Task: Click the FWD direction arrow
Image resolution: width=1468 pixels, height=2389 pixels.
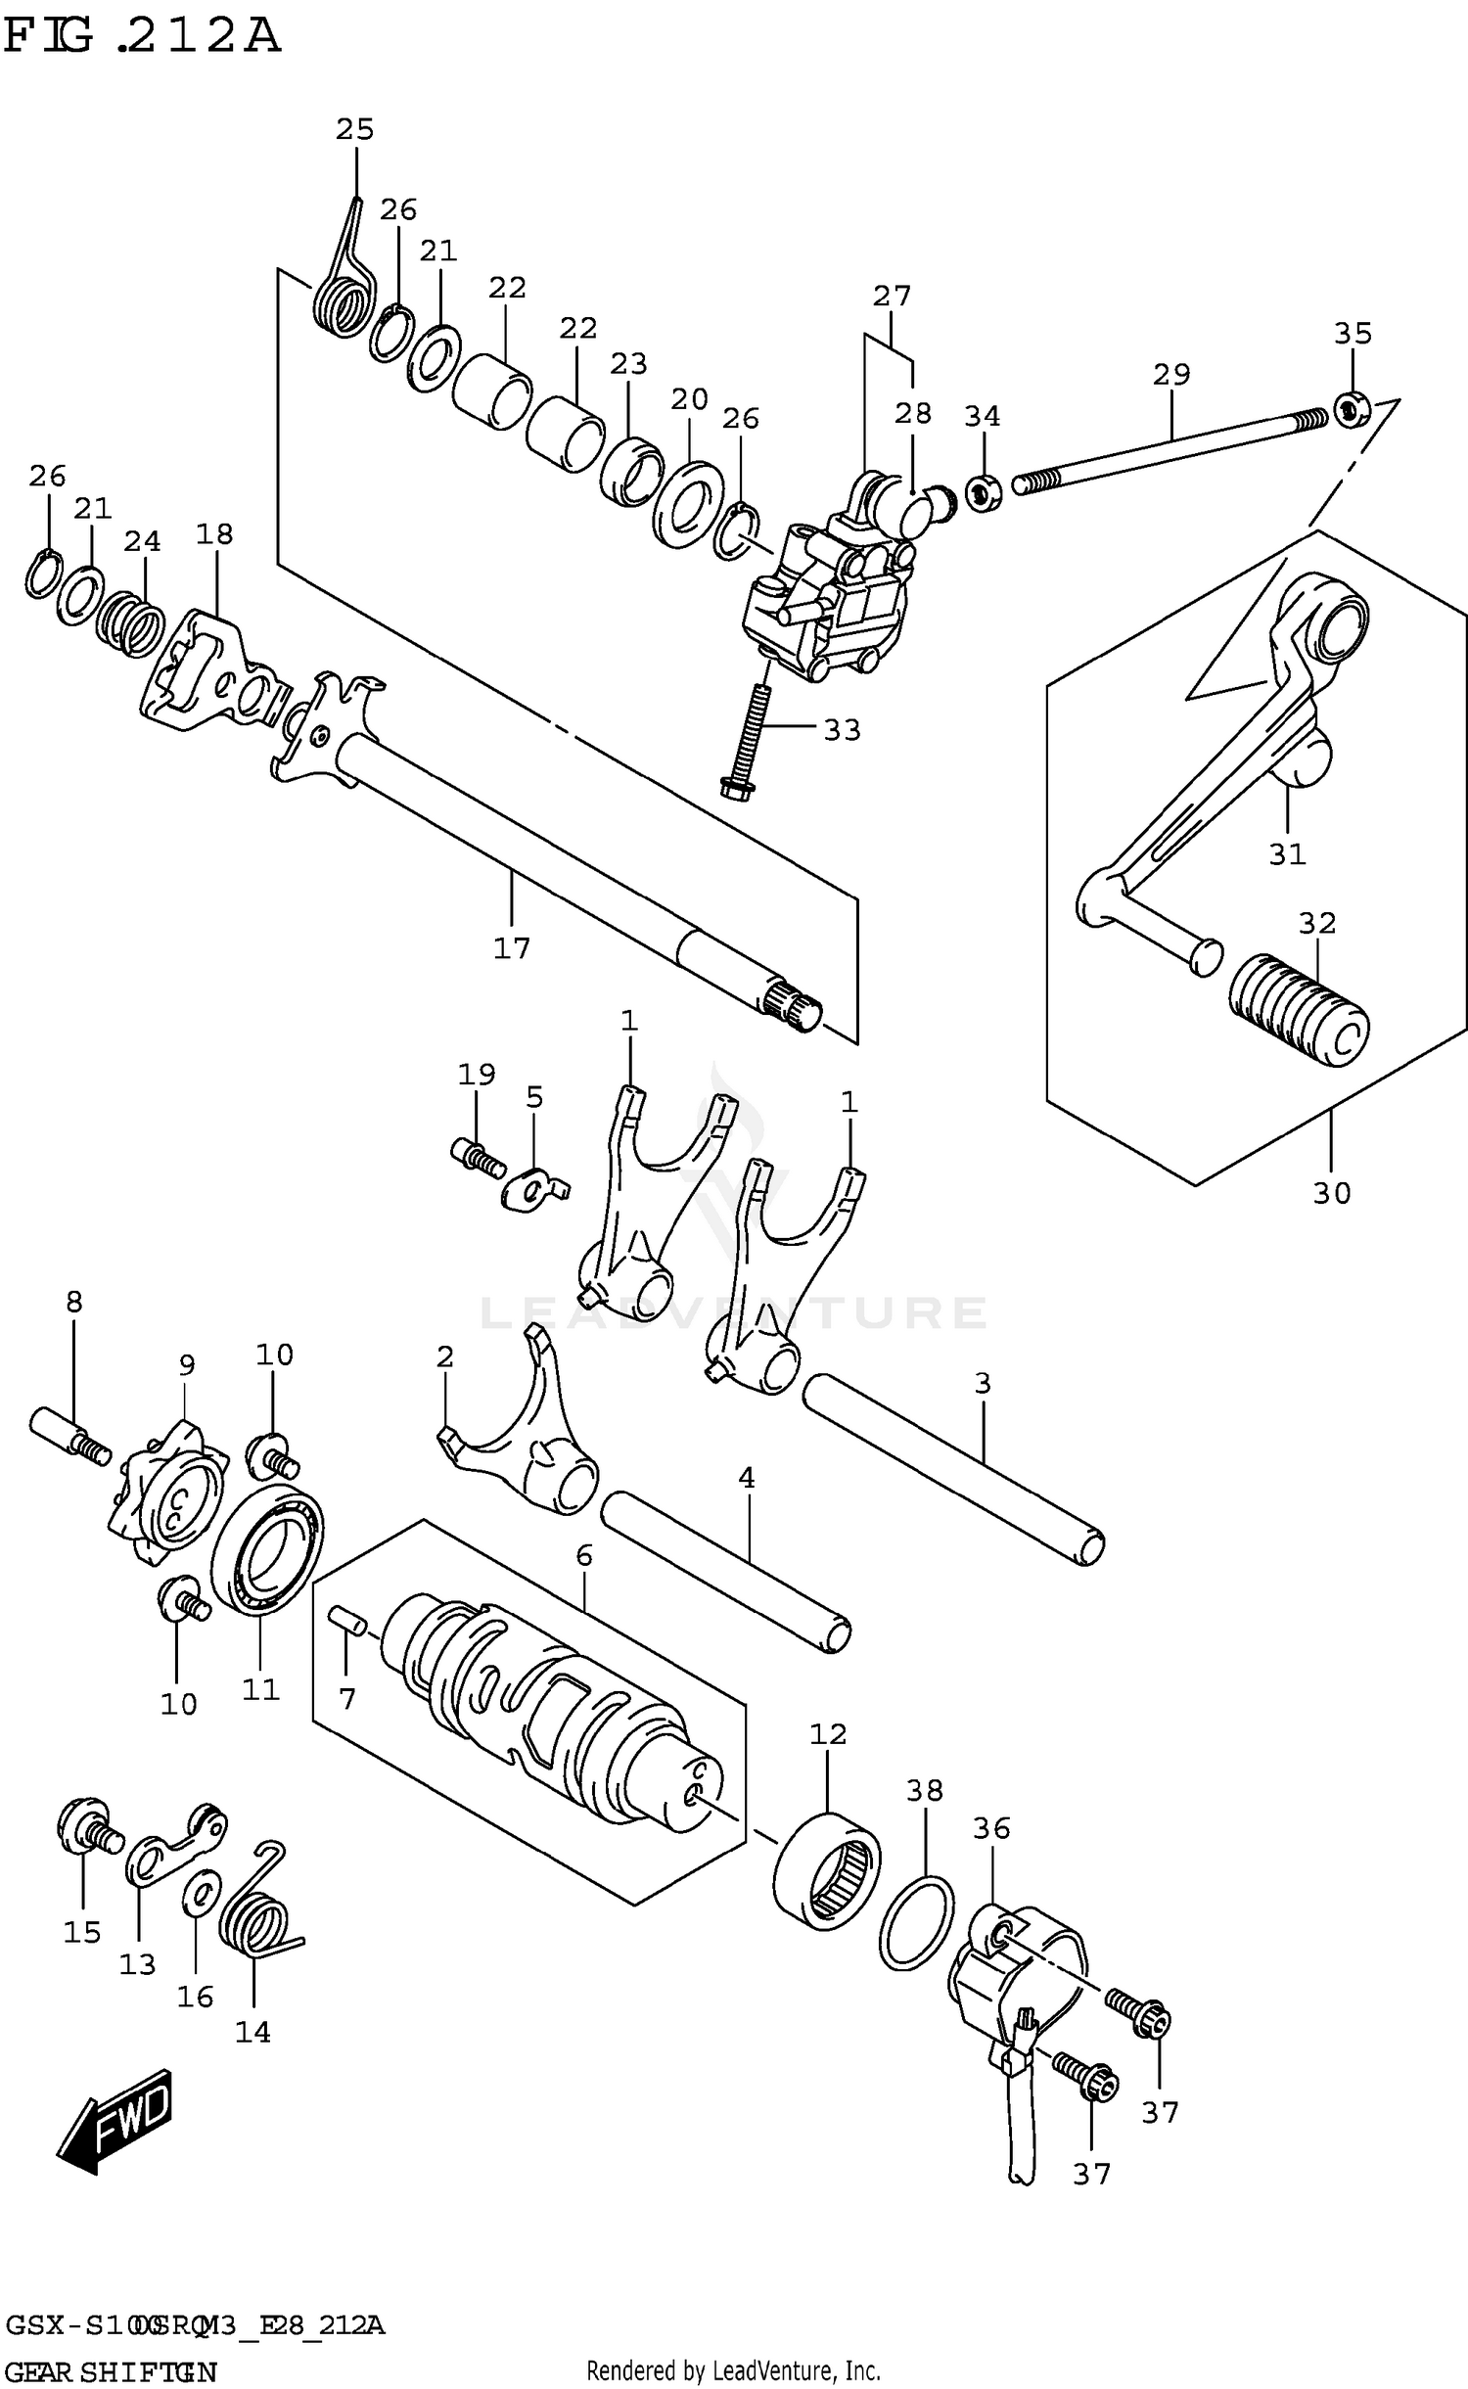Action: click(115, 2121)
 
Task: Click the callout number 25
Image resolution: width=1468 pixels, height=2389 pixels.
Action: click(354, 129)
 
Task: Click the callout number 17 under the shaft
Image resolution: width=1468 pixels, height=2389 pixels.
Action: click(511, 947)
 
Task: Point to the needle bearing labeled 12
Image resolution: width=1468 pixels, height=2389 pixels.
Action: click(826, 1870)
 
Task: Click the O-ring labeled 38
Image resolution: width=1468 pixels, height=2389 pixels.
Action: click(916, 1922)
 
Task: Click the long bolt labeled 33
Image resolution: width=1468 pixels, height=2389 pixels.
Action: click(750, 740)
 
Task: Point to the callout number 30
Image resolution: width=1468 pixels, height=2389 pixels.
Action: click(1331, 1192)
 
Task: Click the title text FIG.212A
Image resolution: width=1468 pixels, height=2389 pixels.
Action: click(142, 37)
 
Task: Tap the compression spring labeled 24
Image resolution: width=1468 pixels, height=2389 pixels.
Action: click(131, 623)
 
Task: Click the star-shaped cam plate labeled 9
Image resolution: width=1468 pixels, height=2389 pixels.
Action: click(168, 1500)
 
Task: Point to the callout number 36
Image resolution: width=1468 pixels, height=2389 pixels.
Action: click(990, 1827)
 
